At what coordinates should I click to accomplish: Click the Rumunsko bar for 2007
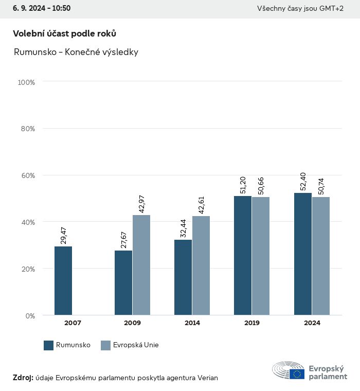pos(63,280)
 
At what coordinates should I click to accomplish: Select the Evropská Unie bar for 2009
pos(141,264)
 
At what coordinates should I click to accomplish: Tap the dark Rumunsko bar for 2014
pos(183,277)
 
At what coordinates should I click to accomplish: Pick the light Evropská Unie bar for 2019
pos(261,256)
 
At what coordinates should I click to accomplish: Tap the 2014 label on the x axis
pos(192,323)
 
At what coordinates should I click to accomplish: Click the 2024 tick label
pos(312,323)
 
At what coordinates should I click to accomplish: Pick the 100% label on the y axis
pos(26,82)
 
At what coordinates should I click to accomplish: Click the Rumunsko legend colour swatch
pos(49,345)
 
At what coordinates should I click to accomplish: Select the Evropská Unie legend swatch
pos(106,345)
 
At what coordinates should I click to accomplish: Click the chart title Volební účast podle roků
pos(64,33)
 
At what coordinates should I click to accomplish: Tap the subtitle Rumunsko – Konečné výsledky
pos(76,52)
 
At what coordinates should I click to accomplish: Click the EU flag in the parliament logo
pos(297,374)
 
